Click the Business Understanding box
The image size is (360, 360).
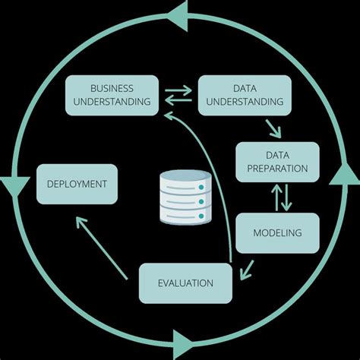click(x=112, y=94)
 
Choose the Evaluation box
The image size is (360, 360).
click(x=185, y=283)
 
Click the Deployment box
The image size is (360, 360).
click(x=77, y=184)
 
